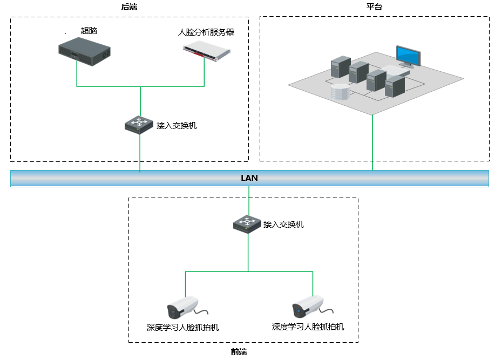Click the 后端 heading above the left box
[x=130, y=6]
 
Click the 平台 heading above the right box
[x=374, y=6]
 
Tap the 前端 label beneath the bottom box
[x=239, y=352]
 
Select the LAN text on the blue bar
[x=249, y=178]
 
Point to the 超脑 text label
[x=89, y=30]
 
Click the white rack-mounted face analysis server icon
[x=206, y=50]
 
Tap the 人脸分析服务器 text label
[x=206, y=32]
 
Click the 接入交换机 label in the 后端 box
[x=177, y=125]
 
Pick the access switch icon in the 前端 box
[x=248, y=223]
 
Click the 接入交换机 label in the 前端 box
[x=283, y=224]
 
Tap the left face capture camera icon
[x=182, y=308]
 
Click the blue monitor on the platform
[x=408, y=56]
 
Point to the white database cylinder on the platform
[x=340, y=92]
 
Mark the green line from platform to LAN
[x=372, y=143]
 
